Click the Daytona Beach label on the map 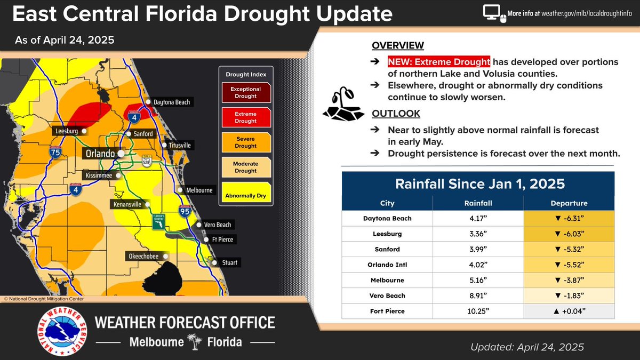click(x=171, y=102)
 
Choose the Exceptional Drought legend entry click(x=245, y=93)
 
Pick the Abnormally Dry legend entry click(x=245, y=196)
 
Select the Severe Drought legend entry click(x=245, y=142)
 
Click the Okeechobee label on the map click(x=143, y=257)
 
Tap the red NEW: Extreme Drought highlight click(x=438, y=62)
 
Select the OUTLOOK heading click(x=396, y=114)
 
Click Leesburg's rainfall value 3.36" click(x=477, y=234)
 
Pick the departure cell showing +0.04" click(x=569, y=311)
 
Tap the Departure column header click(x=569, y=203)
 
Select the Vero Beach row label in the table click(x=387, y=295)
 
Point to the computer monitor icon click(x=492, y=13)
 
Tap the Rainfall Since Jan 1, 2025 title click(x=479, y=184)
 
